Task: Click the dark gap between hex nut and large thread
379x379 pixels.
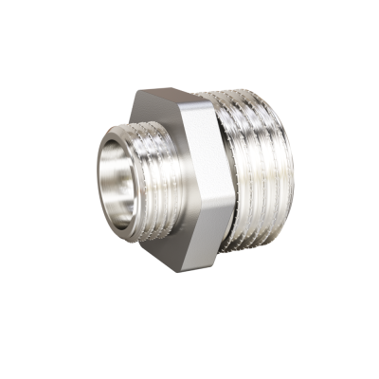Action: pyautogui.click(x=224, y=133)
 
